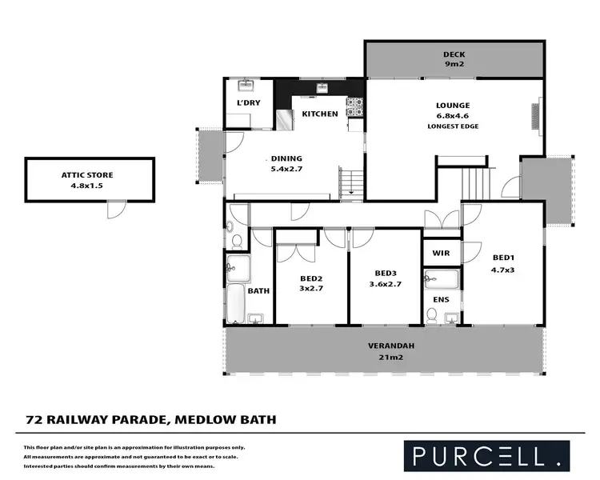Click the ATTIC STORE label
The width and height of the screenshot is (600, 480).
(x=89, y=174)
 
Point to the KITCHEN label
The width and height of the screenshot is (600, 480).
(x=319, y=114)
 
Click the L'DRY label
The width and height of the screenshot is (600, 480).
(x=246, y=105)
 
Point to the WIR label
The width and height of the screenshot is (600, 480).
(x=441, y=253)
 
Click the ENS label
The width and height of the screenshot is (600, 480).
(x=441, y=300)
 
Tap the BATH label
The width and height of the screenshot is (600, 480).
(x=258, y=291)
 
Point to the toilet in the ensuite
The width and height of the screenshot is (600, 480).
(x=432, y=317)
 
